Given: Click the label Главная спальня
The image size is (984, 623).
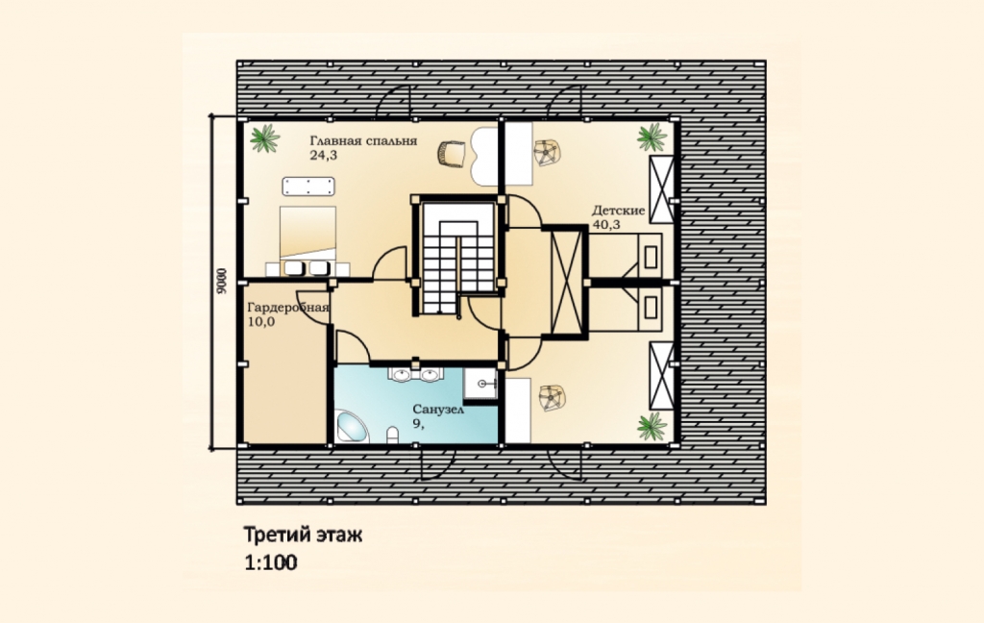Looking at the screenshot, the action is click(363, 140).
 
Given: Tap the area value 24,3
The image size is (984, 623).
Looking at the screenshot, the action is click(323, 155).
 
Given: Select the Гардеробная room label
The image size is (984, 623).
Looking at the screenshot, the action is click(288, 308).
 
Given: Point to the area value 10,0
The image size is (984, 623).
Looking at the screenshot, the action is click(261, 322).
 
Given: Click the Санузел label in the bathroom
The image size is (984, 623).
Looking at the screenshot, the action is click(438, 410).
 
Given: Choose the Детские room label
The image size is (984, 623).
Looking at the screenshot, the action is click(618, 210).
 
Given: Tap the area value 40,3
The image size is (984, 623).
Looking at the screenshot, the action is click(605, 224).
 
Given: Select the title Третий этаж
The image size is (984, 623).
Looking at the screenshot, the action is click(303, 536).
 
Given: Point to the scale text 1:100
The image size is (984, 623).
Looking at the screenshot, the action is click(270, 562).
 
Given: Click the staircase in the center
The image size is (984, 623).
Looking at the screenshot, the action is click(458, 258).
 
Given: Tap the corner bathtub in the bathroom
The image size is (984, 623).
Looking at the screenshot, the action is click(352, 427).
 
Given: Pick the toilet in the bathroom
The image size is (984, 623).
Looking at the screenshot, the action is click(393, 435).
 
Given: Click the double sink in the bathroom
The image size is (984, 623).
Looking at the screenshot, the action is click(415, 374).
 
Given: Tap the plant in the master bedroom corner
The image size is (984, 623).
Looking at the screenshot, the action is click(265, 138).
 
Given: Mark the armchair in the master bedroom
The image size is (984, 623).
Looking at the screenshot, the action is click(452, 153).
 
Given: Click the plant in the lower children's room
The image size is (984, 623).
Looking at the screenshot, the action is click(652, 427).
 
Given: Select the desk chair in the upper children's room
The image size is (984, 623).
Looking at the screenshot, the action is click(547, 153).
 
